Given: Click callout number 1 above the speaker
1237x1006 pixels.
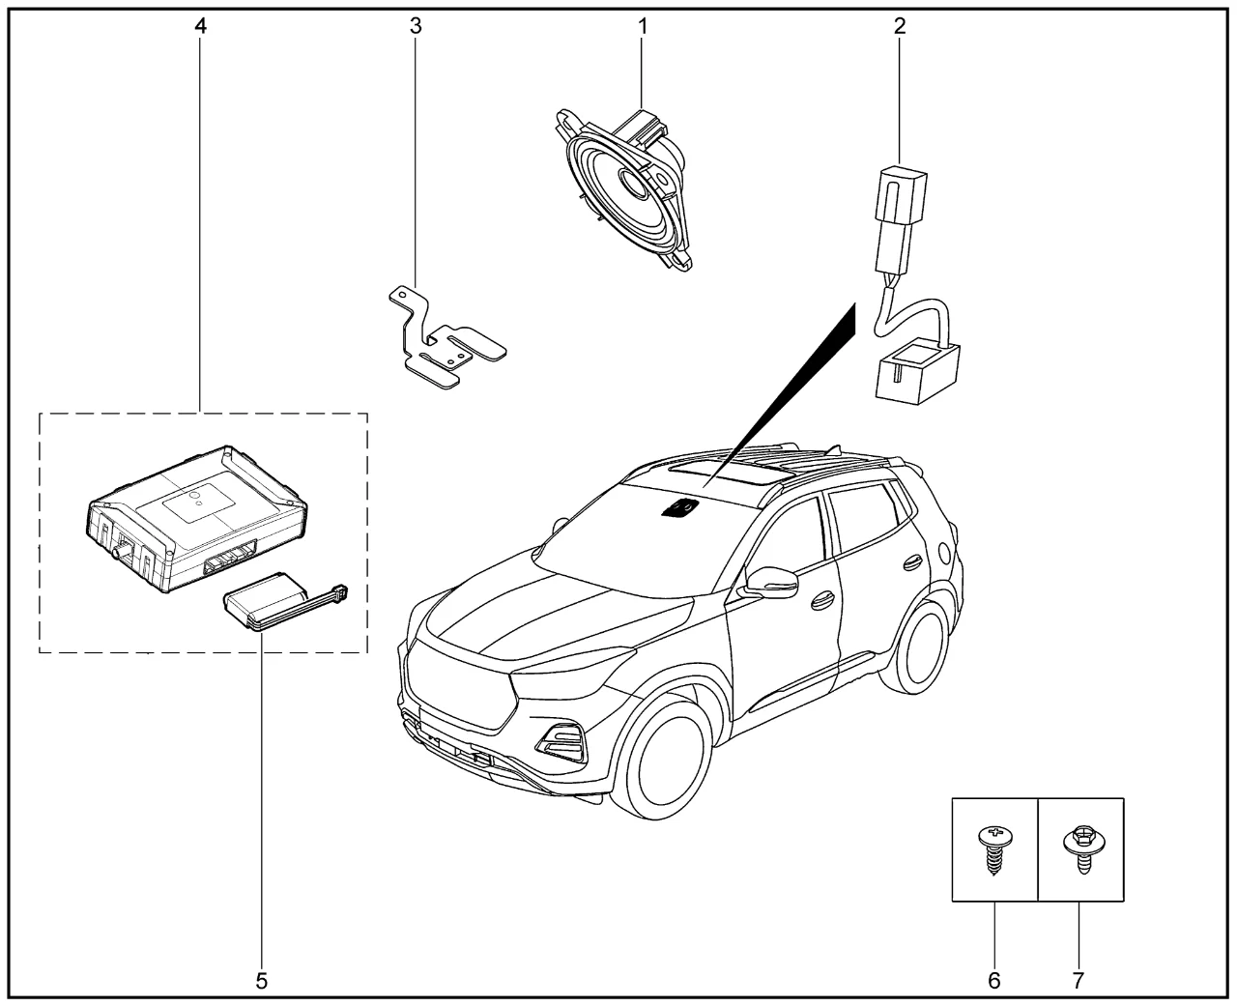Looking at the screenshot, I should pos(642,26).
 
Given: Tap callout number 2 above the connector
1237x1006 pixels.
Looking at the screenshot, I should pos(899,26).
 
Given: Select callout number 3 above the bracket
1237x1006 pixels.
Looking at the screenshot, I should pos(416,26).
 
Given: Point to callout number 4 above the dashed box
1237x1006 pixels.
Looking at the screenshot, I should pos(200,26).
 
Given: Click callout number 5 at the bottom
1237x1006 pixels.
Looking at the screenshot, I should pos(261,980).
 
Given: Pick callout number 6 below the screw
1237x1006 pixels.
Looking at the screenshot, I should pos(994,980).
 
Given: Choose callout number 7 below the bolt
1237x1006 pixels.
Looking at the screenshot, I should pos(1079,980).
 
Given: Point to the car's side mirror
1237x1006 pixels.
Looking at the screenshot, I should pos(771,581).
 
